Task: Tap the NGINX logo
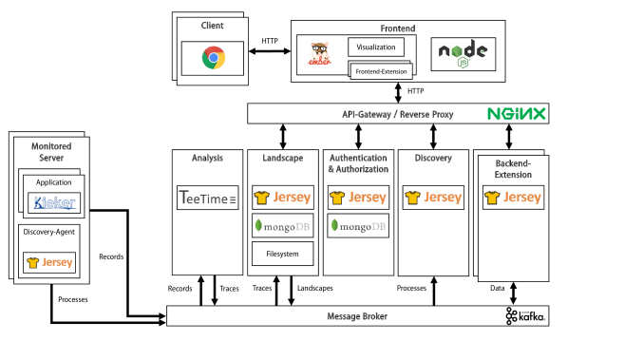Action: pos(518,114)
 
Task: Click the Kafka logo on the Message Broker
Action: pos(525,316)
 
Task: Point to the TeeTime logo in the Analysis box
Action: pos(208,198)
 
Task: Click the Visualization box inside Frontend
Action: pos(374,47)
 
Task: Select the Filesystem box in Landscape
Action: pos(282,254)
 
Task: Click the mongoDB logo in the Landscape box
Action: pos(282,226)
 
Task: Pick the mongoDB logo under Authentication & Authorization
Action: pos(357,226)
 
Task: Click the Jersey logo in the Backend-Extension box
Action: pos(514,198)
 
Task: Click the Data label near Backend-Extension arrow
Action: pos(497,287)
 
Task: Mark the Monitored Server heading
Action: pos(52,152)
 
